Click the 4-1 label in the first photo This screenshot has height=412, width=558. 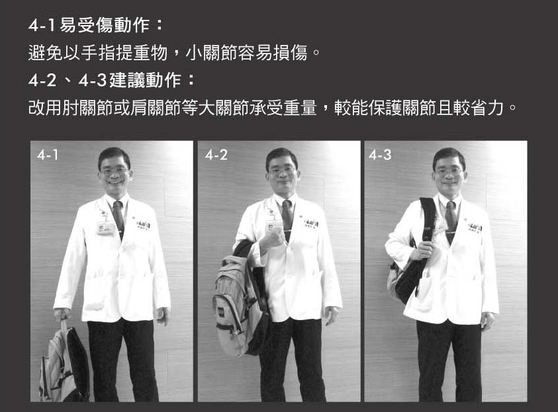click(x=48, y=155)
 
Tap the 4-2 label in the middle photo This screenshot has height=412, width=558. click(x=216, y=155)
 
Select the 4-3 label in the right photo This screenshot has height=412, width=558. click(x=380, y=155)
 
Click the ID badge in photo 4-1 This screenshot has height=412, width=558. click(x=105, y=228)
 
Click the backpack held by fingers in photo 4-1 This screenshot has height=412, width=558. click(x=64, y=362)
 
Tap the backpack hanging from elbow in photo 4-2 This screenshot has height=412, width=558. click(x=239, y=299)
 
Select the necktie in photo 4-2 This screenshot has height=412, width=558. click(x=287, y=219)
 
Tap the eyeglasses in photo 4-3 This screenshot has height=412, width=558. click(x=448, y=171)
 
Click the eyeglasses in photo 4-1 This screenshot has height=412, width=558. click(x=115, y=171)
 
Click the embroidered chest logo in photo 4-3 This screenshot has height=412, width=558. click(x=474, y=227)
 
